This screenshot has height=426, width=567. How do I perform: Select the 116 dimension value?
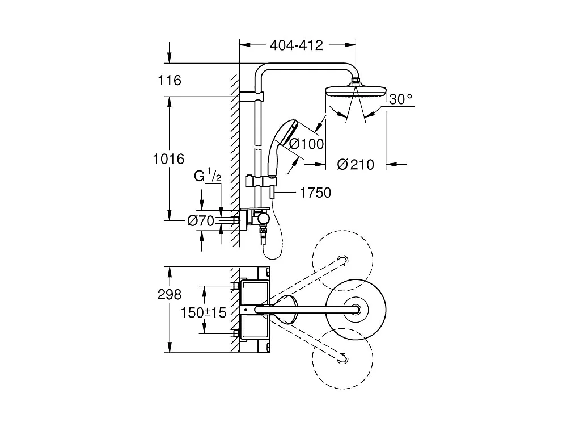coord(170,81)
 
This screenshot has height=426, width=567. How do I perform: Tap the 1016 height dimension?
coord(168,160)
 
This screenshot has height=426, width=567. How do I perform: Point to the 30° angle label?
coord(401,99)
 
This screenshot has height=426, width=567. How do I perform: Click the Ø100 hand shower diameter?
coord(306,144)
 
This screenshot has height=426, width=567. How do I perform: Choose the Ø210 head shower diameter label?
coord(356,165)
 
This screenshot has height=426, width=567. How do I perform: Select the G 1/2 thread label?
coord(208,177)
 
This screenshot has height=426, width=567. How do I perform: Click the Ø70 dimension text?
coord(200,221)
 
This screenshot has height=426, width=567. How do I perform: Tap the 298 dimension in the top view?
coord(170,295)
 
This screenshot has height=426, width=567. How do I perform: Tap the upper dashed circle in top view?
coord(342,258)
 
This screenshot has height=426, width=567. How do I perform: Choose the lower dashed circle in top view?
coord(342,358)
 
